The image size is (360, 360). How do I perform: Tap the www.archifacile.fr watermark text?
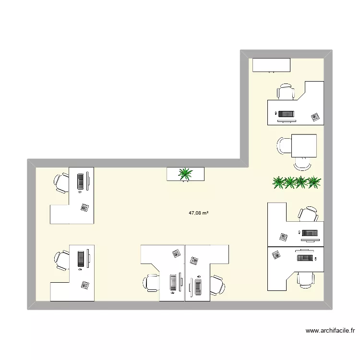[x=329, y=330]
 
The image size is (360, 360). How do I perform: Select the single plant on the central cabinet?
[x=185, y=174]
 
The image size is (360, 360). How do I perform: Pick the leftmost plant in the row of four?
[x=278, y=182]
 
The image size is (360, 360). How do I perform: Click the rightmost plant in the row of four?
[x=314, y=182]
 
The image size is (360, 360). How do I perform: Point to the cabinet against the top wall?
[x=271, y=65]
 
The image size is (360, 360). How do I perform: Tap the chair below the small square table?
[x=302, y=164]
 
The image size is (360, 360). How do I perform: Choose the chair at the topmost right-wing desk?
[x=285, y=92]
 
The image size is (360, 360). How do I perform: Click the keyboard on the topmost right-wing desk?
[x=286, y=114]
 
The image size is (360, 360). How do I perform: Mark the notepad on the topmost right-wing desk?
[x=315, y=116]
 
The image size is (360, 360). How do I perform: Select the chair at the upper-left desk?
[x=61, y=182]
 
